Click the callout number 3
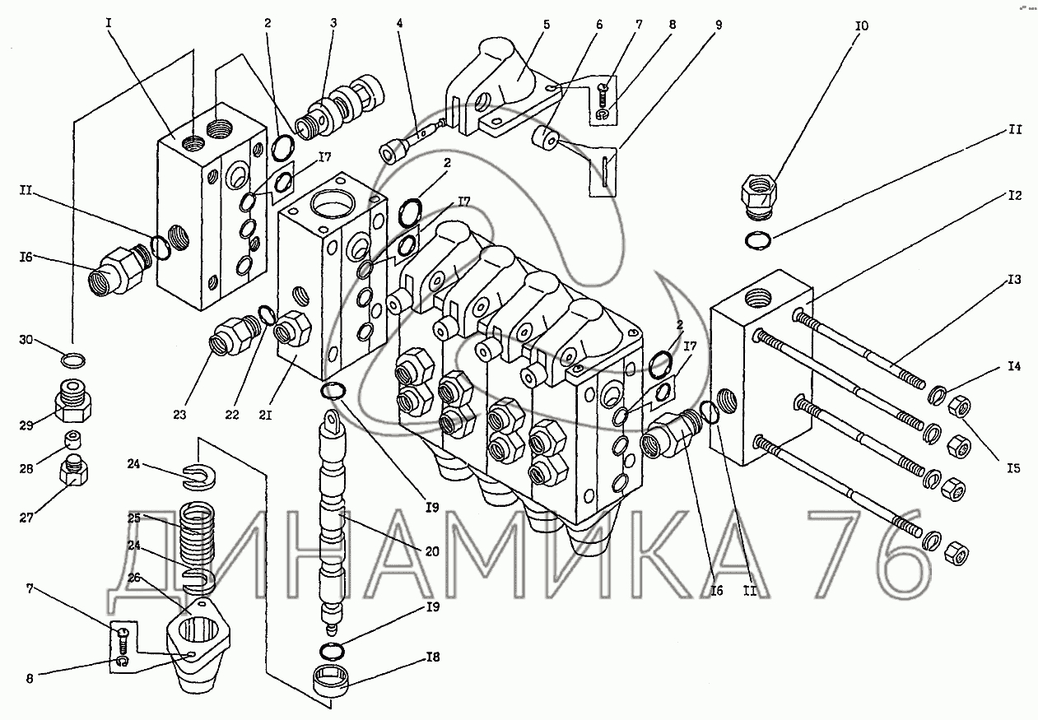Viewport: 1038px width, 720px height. coord(333,23)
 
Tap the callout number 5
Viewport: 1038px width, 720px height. coord(547,24)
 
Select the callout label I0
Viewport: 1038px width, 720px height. coord(862,26)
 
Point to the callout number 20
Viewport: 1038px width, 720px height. coord(431,551)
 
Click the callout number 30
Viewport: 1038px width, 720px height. coord(26,340)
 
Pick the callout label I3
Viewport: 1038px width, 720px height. coord(1014,280)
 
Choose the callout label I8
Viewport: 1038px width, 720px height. coord(432,657)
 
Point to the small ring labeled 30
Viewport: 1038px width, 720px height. coord(73,360)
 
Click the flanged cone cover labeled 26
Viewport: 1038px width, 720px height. coord(198,646)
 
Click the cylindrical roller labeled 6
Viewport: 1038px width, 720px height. coord(546,138)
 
